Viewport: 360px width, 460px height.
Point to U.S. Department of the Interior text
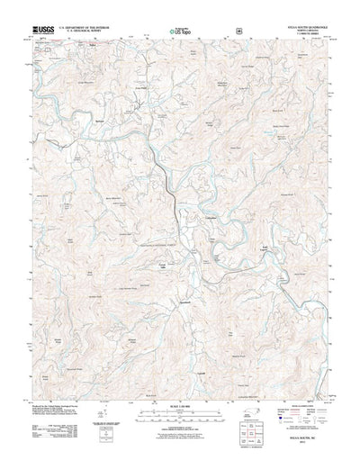coord(90,28)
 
